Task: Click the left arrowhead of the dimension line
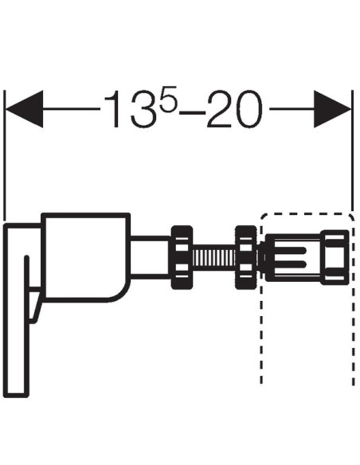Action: (x=25, y=109)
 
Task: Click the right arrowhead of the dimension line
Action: (x=332, y=109)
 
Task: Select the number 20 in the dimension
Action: (x=235, y=109)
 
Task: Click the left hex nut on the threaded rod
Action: (x=182, y=257)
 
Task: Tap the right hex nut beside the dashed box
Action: (x=246, y=257)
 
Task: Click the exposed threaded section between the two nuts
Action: (x=213, y=258)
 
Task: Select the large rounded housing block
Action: (x=86, y=257)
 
